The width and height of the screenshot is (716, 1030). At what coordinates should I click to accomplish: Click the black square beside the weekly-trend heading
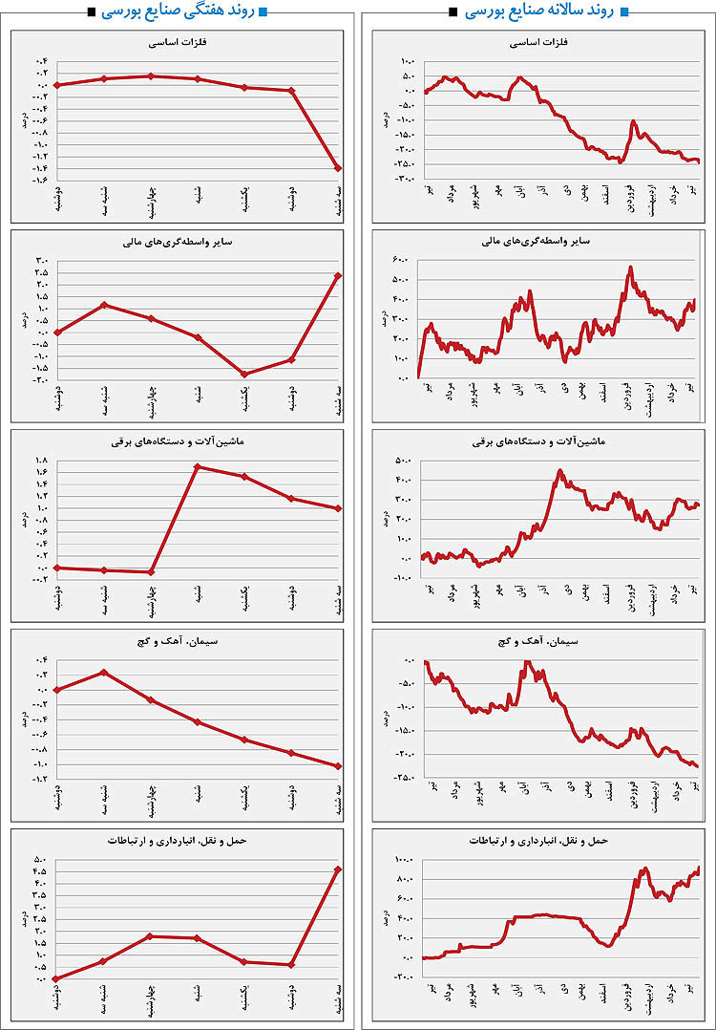pyautogui.click(x=90, y=12)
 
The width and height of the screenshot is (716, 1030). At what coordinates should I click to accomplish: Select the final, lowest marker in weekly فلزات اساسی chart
pyautogui.click(x=339, y=168)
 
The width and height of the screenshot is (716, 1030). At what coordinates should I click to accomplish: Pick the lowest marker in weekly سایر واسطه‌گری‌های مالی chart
pyautogui.click(x=245, y=374)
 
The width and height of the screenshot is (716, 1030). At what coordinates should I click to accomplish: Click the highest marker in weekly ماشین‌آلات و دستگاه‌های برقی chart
pyautogui.click(x=197, y=466)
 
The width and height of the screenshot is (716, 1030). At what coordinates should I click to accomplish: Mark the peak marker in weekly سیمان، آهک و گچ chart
pyautogui.click(x=104, y=673)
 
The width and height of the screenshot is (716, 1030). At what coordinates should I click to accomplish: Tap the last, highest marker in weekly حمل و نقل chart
pyautogui.click(x=339, y=869)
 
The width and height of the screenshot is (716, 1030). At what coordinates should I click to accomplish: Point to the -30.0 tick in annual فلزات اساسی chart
pyautogui.click(x=404, y=178)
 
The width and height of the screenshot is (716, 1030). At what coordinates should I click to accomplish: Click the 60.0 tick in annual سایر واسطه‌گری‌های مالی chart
pyautogui.click(x=406, y=260)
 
